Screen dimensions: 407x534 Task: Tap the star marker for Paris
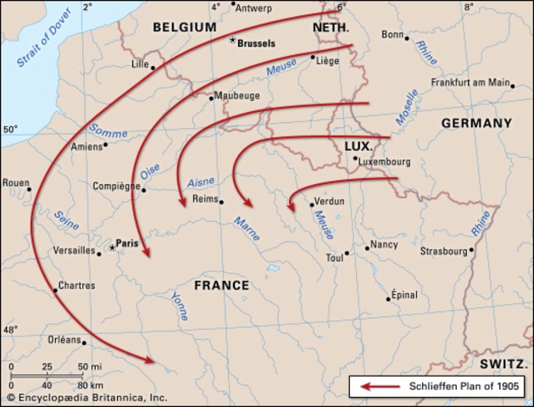pos(111,248)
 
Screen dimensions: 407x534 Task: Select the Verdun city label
pos(330,202)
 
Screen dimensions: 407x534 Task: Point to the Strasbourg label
pos(444,251)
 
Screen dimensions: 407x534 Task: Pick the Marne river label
pos(246,228)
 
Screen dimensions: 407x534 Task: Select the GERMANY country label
pos(476,123)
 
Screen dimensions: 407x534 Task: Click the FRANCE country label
pos(222,286)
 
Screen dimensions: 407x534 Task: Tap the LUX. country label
pos(359,146)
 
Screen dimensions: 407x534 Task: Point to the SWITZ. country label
pos(503,362)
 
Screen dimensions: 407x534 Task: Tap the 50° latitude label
pos(9,130)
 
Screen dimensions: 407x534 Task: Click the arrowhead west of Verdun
pos(290,206)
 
